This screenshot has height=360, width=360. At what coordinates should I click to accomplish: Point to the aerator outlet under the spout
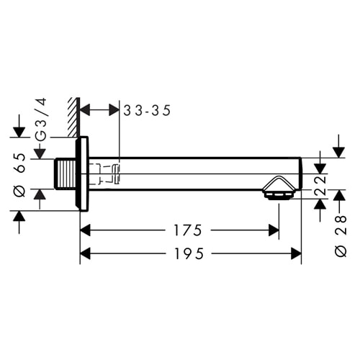coord(277,190)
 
